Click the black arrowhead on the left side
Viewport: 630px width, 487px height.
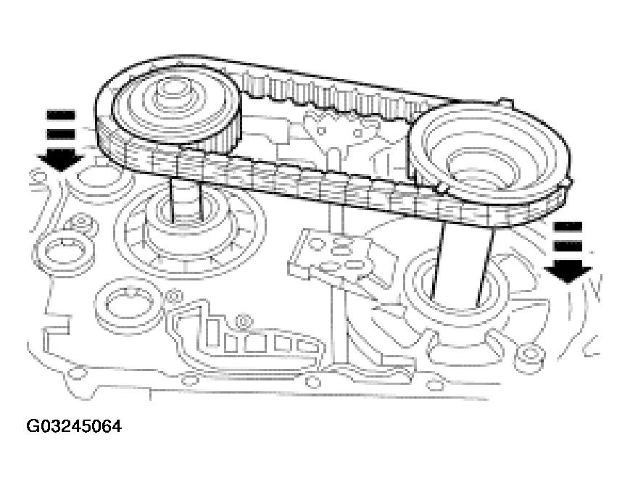[60, 157]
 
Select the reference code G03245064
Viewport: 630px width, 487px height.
[74, 426]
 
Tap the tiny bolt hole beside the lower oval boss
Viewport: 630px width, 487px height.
[173, 295]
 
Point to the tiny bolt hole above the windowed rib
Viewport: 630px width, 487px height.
[244, 319]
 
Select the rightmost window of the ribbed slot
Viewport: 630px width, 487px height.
[308, 346]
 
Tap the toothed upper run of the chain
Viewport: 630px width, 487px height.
[341, 98]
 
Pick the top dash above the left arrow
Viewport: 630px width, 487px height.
[61, 115]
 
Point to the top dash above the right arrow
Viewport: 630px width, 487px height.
[568, 226]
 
